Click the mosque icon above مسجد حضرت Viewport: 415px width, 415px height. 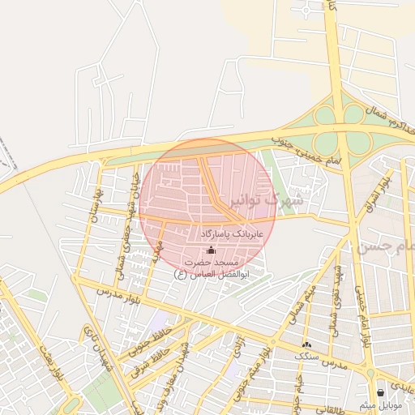click(212, 250)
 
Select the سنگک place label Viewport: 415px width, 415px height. click(306, 357)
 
